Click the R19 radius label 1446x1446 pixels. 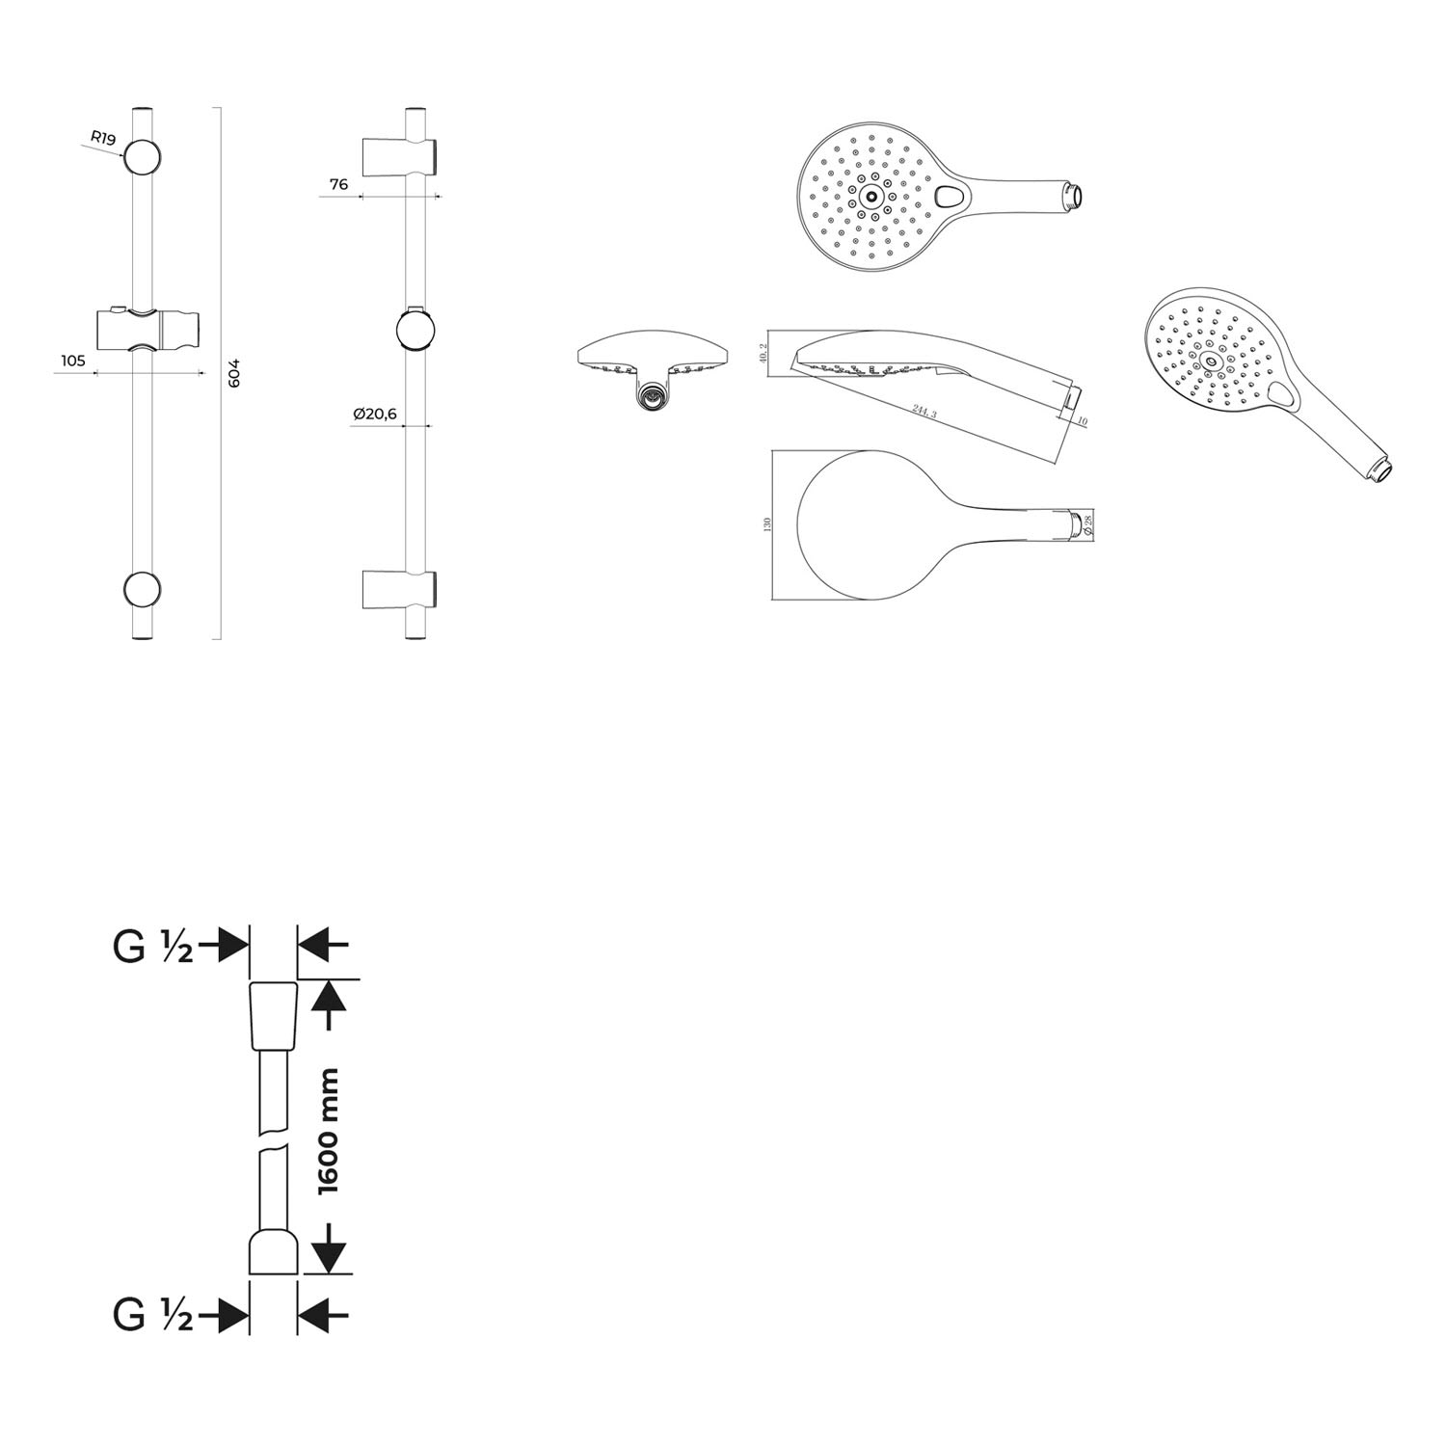coord(103,138)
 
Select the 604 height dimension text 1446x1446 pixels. coord(233,373)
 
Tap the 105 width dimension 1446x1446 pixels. coord(73,361)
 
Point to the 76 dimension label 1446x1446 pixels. coord(338,184)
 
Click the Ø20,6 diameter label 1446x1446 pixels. coord(375,414)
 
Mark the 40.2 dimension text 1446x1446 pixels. coord(763,353)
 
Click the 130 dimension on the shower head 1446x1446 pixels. coord(767,524)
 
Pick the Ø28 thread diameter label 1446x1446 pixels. coord(1088,523)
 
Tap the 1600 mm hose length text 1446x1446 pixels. coord(329,1130)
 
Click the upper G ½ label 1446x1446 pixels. coord(153,947)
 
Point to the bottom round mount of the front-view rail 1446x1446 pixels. coord(142,589)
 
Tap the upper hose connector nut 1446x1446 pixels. coord(274,1016)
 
